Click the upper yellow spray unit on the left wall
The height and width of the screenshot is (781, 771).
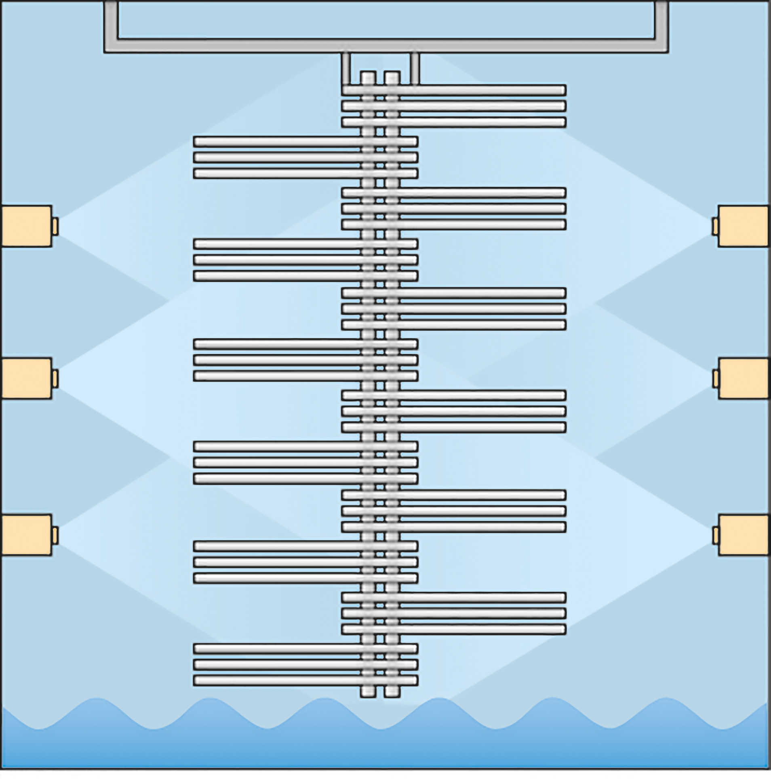[27, 226]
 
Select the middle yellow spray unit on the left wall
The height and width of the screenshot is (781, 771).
[27, 378]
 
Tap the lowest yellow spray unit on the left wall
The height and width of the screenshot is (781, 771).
[27, 535]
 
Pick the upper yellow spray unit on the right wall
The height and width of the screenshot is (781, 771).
[743, 226]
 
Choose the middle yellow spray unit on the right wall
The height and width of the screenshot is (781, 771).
[743, 378]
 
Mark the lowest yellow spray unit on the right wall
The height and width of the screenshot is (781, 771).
[743, 535]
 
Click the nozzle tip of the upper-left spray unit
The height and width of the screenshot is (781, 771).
[55, 227]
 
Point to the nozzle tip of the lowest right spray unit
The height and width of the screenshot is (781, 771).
[715, 535]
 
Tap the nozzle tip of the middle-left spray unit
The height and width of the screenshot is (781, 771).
[55, 378]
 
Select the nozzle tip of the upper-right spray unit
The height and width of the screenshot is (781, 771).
[715, 227]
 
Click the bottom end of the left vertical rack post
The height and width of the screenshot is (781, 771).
[368, 692]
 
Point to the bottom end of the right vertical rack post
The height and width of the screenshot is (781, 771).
[392, 692]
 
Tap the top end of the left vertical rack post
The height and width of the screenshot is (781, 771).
[368, 76]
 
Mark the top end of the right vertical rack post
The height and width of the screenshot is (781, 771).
[392, 76]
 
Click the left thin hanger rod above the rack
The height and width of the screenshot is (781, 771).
[345, 68]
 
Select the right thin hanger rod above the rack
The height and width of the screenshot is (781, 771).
[415, 68]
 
